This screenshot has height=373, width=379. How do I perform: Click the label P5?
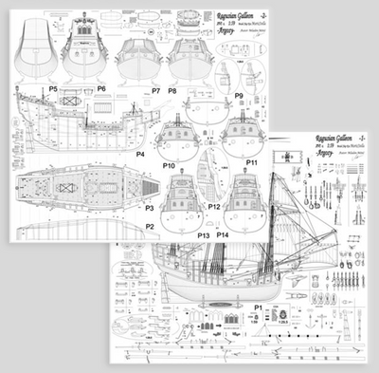tap(55, 89)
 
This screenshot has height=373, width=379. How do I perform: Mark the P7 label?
tap(155, 91)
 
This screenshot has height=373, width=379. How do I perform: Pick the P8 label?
tap(172, 91)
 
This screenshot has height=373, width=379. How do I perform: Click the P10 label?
tap(171, 165)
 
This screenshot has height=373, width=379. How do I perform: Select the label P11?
tap(253, 163)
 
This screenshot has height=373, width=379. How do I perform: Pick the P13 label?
tap(204, 233)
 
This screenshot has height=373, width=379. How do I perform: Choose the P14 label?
tap(222, 233)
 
